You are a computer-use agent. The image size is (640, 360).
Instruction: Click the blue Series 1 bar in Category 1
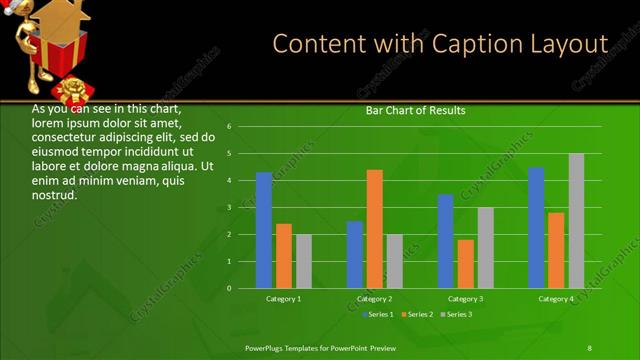(x=264, y=230)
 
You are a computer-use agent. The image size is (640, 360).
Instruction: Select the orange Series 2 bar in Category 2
(x=375, y=229)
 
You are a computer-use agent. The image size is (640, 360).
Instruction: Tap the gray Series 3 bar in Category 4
(x=576, y=221)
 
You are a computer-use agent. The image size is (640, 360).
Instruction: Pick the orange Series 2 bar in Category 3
(x=466, y=264)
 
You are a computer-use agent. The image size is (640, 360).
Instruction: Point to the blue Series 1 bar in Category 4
(x=536, y=228)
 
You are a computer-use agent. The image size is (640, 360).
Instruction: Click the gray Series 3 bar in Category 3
(x=485, y=248)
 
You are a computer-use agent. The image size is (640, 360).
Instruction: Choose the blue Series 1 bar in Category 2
(x=355, y=255)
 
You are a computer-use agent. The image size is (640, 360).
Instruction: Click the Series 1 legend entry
(x=375, y=315)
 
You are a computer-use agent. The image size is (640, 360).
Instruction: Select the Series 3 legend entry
(x=456, y=315)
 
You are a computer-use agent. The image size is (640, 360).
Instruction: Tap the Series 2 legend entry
(x=416, y=315)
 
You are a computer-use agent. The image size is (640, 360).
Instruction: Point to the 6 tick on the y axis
(x=230, y=127)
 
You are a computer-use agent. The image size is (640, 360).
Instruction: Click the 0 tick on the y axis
(x=230, y=288)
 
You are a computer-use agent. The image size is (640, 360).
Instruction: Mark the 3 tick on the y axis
(x=230, y=208)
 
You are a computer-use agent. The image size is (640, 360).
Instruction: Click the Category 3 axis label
(x=466, y=299)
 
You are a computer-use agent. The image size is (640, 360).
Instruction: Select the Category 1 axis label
(x=284, y=299)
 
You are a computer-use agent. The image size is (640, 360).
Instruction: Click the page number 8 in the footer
(x=589, y=347)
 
